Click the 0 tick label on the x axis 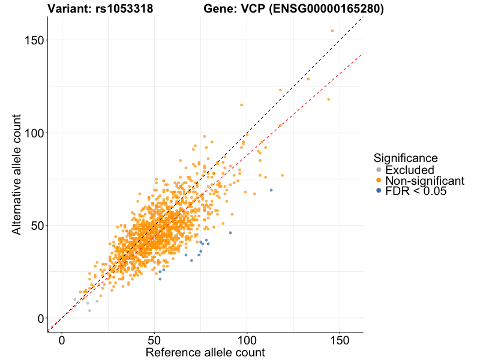(62, 340)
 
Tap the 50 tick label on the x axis (155, 340)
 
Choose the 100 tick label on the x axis (247, 340)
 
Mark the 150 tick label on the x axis (340, 340)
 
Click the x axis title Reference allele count (205, 352)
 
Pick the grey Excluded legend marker (379, 170)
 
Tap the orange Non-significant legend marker (379, 181)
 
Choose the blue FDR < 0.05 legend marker (379, 191)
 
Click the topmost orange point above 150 (332, 31)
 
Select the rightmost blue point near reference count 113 (271, 190)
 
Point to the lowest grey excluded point (89, 310)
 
